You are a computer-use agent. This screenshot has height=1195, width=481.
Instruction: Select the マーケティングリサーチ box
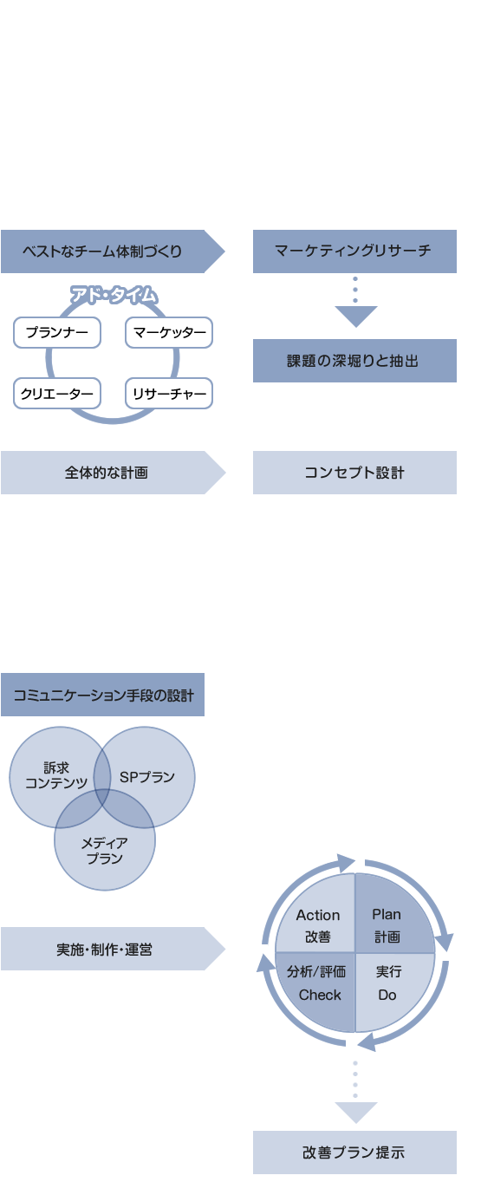pos(354,251)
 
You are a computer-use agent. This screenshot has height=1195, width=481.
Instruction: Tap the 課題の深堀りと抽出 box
pos(354,361)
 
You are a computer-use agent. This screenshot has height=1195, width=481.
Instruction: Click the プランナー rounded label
pos(57,332)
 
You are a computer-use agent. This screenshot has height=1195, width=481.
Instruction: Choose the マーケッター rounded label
pos(169,332)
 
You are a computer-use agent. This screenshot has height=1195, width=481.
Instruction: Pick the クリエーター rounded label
pos(57,394)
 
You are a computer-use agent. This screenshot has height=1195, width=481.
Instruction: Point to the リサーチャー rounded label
pos(169,394)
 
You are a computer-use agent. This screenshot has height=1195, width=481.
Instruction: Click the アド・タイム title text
pos(114,295)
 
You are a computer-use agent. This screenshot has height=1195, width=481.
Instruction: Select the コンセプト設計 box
pos(354,473)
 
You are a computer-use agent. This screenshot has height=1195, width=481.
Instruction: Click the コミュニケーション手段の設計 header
pos(103,695)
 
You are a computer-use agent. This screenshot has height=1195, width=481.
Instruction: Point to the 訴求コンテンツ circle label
pos(56,775)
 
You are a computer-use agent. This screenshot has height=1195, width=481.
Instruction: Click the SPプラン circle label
pos(147,777)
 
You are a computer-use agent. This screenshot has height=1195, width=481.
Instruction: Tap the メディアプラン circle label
pos(105,851)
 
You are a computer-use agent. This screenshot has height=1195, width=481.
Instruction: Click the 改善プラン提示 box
pos(354,1153)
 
